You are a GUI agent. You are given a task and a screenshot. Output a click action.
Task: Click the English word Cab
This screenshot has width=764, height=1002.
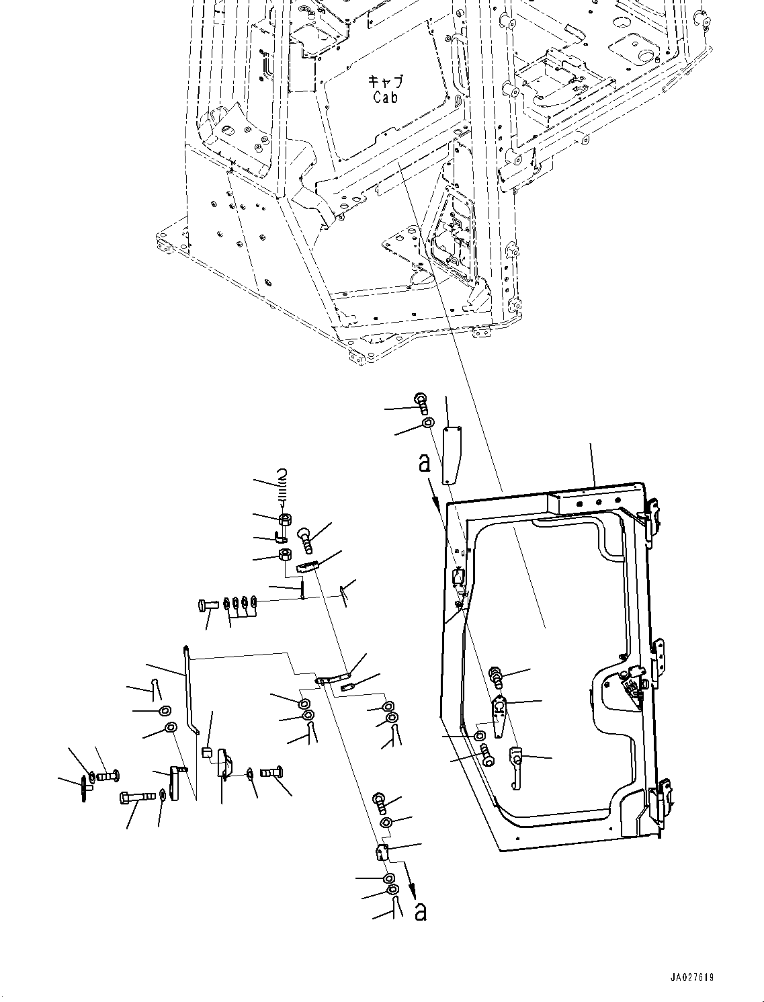click(x=386, y=97)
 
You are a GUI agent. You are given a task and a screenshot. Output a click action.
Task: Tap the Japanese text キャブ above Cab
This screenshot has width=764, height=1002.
click(x=386, y=82)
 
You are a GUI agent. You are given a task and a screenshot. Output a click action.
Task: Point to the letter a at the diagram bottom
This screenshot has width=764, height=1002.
click(x=421, y=911)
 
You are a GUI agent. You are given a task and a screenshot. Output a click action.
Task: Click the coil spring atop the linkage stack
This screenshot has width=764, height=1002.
click(x=283, y=486)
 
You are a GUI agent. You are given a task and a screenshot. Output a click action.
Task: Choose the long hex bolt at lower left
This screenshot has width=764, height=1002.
click(x=137, y=798)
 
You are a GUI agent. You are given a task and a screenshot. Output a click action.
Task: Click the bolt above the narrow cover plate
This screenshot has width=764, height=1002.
click(x=421, y=403)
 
